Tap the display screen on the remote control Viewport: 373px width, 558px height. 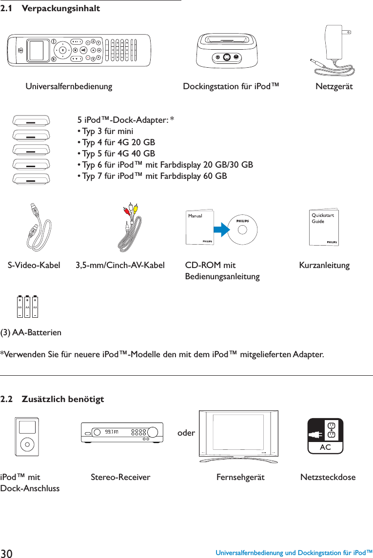click(x=36, y=50)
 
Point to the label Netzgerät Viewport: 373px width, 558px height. click(x=334, y=87)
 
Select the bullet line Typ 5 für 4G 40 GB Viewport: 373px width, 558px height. click(x=116, y=154)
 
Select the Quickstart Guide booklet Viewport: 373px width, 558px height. click(x=324, y=228)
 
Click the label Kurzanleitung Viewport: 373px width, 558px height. click(x=324, y=266)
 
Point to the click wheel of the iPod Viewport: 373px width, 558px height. click(x=27, y=444)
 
